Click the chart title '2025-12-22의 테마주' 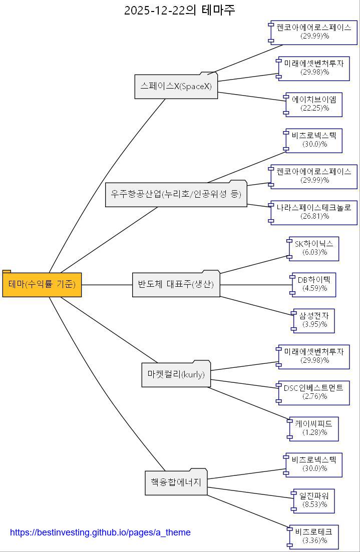pyautogui.click(x=179, y=10)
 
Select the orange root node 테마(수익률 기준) pyautogui.click(x=42, y=285)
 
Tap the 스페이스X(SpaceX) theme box pyautogui.click(x=176, y=87)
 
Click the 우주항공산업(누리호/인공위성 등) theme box pyautogui.click(x=176, y=194)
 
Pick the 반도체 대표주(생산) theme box pyautogui.click(x=176, y=285)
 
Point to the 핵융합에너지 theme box pyautogui.click(x=176, y=483)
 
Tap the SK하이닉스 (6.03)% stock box pyautogui.click(x=314, y=248)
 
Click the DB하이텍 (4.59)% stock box pyautogui.click(x=314, y=284)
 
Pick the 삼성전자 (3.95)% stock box pyautogui.click(x=314, y=320)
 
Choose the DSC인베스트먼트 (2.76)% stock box pyautogui.click(x=314, y=392)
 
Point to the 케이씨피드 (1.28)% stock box pyautogui.click(x=314, y=428)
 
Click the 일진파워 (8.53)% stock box pyautogui.click(x=314, y=500)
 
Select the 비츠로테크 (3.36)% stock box pyautogui.click(x=314, y=536)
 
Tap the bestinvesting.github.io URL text pyautogui.click(x=100, y=532)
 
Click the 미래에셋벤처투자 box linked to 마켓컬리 pyautogui.click(x=314, y=356)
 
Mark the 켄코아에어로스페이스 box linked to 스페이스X pyautogui.click(x=314, y=32)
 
